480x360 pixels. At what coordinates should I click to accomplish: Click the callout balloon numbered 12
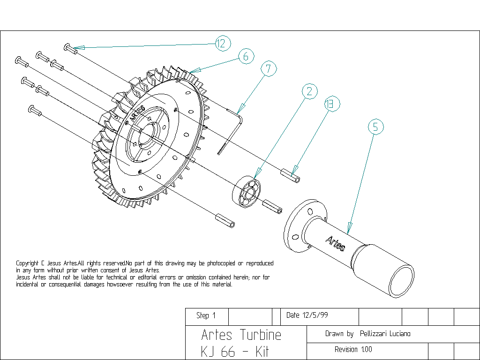(x=223, y=43)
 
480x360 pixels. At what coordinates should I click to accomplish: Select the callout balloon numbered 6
(x=246, y=56)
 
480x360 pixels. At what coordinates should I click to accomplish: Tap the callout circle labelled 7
(x=269, y=68)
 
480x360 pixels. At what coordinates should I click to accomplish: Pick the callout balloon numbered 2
(x=309, y=91)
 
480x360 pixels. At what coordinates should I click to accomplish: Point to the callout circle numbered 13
(x=332, y=104)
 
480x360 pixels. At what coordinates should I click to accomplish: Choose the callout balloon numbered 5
(x=375, y=127)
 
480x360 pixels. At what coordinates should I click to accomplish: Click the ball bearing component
(x=247, y=192)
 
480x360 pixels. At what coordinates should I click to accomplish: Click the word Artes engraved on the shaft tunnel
(x=336, y=243)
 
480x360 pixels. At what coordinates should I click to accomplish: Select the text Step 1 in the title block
(x=206, y=315)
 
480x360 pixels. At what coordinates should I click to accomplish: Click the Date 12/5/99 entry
(x=307, y=315)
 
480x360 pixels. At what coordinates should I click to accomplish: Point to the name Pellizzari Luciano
(x=385, y=334)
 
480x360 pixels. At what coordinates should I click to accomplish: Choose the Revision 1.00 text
(x=353, y=350)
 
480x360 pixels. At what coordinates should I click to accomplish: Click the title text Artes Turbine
(x=241, y=335)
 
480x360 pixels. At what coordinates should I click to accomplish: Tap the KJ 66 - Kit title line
(x=235, y=352)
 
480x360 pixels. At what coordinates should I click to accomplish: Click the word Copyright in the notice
(x=27, y=263)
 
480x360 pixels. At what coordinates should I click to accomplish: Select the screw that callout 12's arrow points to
(x=70, y=49)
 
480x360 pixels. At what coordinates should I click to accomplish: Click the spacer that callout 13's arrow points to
(x=290, y=175)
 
